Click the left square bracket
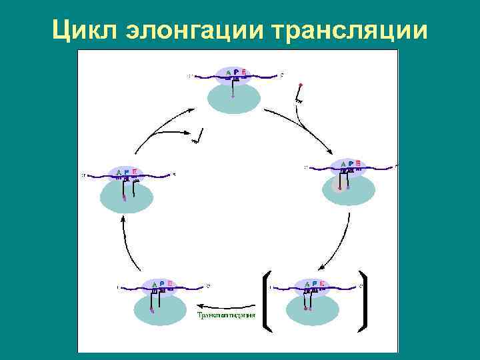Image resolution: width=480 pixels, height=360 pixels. click(264, 301)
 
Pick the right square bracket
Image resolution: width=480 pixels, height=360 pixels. click(363, 301)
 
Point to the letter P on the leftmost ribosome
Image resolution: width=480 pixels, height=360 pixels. click(127, 172)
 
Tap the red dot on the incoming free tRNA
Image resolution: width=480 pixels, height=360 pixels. click(301, 85)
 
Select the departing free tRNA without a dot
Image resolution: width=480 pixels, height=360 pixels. click(198, 137)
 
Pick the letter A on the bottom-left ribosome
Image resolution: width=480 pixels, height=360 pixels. click(153, 283)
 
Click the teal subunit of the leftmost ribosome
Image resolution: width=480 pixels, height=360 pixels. click(127, 199)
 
